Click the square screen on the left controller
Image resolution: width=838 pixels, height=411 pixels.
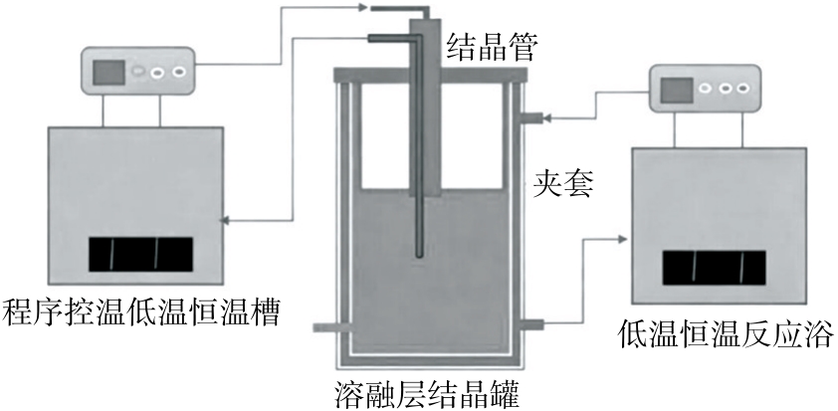click(109, 73)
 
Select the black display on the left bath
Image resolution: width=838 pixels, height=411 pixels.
click(140, 255)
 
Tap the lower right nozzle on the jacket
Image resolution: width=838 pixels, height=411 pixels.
click(529, 323)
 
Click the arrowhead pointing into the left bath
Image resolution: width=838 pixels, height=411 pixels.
click(225, 221)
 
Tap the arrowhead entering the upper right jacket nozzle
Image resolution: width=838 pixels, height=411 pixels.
click(546, 119)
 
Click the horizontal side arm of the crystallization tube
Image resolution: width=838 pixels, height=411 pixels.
click(388, 39)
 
